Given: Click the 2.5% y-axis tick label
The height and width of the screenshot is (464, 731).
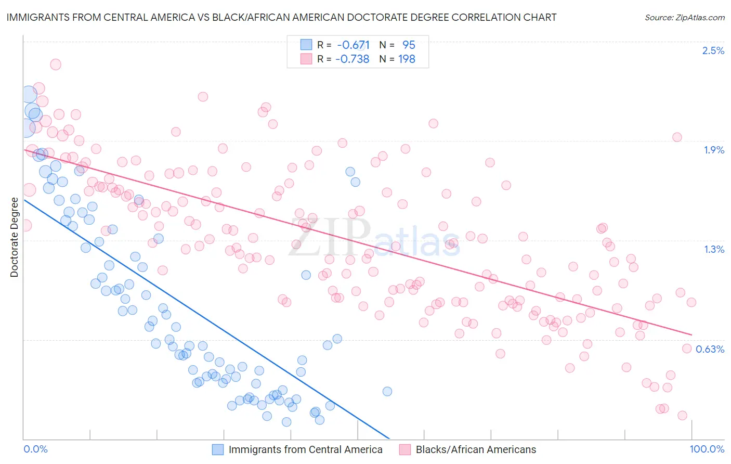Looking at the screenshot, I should (x=713, y=50).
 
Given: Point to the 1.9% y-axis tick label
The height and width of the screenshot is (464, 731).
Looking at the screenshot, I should (x=713, y=150).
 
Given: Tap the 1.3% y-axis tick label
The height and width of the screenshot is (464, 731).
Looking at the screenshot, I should (x=714, y=249).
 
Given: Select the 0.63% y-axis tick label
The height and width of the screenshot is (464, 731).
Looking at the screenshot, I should (x=710, y=349).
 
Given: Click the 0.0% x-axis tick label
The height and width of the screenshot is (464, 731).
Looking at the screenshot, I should (x=36, y=449).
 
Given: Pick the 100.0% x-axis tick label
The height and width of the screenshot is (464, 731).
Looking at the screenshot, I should (x=707, y=449).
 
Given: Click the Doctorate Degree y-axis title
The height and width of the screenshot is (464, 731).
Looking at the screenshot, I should (x=14, y=237).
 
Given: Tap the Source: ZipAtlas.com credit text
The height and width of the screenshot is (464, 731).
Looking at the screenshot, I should (x=684, y=17).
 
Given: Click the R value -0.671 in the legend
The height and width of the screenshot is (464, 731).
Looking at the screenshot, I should (x=353, y=45).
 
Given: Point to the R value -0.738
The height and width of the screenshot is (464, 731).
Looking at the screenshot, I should (x=353, y=59).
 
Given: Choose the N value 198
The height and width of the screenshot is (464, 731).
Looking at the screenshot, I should (x=407, y=59).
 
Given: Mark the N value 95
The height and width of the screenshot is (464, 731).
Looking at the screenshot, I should (x=409, y=45).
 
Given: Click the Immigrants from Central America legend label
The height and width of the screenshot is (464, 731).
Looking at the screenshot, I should (x=305, y=449).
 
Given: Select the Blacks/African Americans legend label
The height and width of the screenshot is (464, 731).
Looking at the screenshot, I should (x=476, y=449).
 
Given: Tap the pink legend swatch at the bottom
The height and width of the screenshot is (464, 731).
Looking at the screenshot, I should (x=405, y=449).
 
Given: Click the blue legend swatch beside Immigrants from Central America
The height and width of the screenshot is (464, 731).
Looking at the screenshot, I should (x=218, y=449).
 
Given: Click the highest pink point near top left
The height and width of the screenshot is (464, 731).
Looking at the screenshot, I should (x=56, y=65).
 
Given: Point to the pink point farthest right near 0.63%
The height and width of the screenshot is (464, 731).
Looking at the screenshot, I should (x=687, y=349).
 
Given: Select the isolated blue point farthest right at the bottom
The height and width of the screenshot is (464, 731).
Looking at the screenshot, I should (x=387, y=391).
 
